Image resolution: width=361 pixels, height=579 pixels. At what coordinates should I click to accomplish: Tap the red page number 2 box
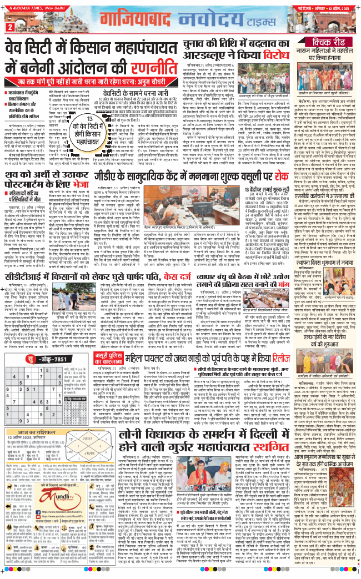[10, 27]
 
